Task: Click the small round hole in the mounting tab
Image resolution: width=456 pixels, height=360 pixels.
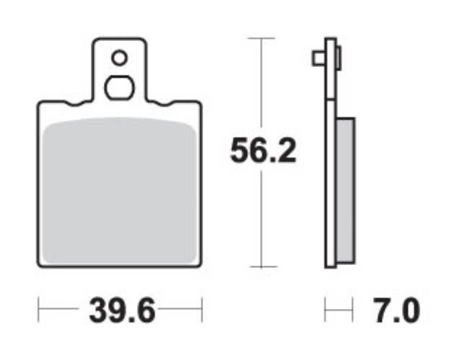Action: (x=120, y=58)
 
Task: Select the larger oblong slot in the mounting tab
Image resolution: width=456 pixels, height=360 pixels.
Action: (x=120, y=87)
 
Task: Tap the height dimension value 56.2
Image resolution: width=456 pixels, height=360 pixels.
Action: (x=262, y=151)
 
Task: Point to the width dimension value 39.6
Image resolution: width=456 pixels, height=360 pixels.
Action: (x=122, y=311)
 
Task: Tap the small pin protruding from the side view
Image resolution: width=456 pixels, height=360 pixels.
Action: (x=318, y=58)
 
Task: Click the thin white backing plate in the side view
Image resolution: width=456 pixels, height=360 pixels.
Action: (x=330, y=180)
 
